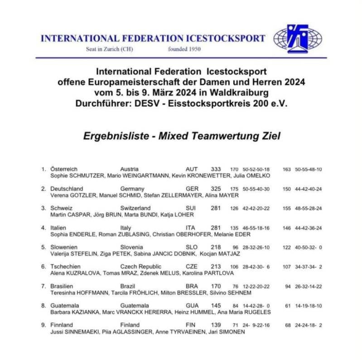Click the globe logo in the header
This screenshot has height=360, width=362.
pos(298,38)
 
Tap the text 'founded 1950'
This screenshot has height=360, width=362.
pos(185,49)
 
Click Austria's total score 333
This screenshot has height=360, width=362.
pos(216,169)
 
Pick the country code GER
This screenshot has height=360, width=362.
pos(192,189)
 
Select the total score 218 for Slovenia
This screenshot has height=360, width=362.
pos(216,247)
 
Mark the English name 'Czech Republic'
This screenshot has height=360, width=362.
pos(140,267)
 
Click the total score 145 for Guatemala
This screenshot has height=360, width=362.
pos(216,306)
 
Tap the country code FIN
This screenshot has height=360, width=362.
pos(191,325)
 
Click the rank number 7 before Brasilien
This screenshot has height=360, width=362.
pos(43,286)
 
